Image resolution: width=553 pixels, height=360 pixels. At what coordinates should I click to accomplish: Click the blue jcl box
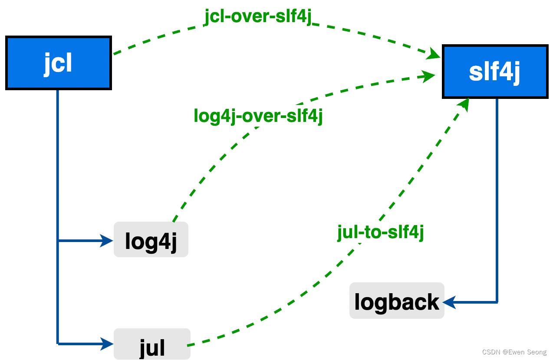point(58,63)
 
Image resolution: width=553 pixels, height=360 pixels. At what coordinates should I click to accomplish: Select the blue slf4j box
point(494,72)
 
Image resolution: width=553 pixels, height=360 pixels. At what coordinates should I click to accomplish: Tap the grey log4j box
point(151,240)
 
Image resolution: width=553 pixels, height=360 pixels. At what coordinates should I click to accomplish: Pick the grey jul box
point(152,344)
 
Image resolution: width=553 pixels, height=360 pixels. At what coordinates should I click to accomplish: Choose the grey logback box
point(397,301)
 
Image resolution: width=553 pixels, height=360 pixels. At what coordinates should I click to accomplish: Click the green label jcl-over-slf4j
point(258,17)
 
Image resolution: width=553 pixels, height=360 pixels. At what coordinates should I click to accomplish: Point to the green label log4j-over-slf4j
point(258,116)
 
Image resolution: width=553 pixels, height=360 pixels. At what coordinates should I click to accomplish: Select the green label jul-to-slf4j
point(380,232)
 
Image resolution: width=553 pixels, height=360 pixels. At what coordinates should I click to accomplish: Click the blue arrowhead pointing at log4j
point(107,240)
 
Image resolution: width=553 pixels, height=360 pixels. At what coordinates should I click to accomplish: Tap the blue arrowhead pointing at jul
point(107,344)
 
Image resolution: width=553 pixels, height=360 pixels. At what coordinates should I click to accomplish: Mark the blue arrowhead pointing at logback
point(449,302)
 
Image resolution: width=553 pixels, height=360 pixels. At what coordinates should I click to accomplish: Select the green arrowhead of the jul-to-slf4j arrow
point(464,104)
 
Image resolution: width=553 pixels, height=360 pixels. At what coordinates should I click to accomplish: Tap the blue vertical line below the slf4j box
point(497,195)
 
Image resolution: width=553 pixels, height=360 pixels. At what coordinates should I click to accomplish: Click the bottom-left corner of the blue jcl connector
point(58,344)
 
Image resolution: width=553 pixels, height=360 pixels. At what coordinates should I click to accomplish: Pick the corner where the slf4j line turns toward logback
point(497,302)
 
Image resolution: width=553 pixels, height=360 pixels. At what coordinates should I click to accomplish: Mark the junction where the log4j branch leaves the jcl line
point(58,240)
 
